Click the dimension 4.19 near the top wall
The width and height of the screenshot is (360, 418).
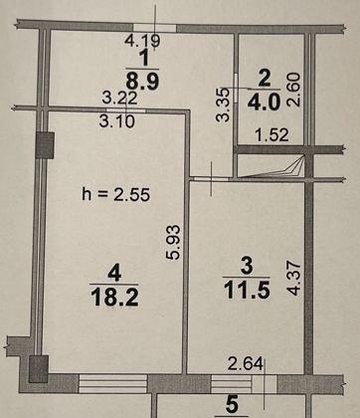coord(142,41)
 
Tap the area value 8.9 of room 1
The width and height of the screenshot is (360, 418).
coord(142,82)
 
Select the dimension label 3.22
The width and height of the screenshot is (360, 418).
coord(119,98)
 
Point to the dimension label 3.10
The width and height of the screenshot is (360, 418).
coord(117,121)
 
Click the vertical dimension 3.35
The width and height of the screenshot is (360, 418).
coord(223,104)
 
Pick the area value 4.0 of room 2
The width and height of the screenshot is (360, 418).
coord(264,102)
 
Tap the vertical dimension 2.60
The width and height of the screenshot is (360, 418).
coord(293,90)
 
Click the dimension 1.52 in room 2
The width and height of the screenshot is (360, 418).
coord(271,135)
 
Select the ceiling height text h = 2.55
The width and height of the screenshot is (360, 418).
coord(115,194)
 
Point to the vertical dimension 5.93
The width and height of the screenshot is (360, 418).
coord(173,242)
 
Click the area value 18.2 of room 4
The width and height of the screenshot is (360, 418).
coord(114,298)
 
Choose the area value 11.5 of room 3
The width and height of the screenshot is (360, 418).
coord(247,290)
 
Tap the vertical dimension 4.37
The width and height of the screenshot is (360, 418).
coord(294,279)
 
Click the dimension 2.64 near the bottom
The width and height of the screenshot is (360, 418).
coord(246,364)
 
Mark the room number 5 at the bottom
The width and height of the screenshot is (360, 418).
coord(232,405)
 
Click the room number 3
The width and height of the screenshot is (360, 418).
coord(247,266)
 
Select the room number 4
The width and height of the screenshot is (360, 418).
coord(114,274)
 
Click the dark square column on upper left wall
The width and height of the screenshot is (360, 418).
coord(45,145)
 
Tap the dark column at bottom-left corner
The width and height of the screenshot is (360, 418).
coord(39,369)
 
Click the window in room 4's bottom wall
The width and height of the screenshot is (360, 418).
coord(112,384)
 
